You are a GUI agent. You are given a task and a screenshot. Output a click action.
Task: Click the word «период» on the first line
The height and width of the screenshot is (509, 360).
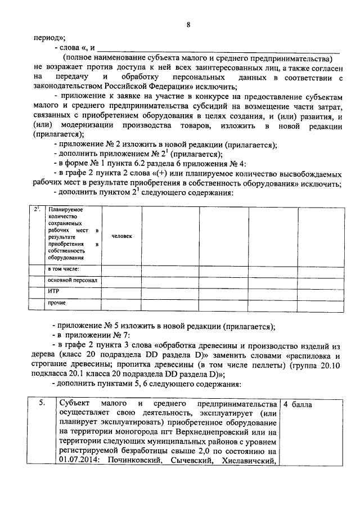(x=46, y=38)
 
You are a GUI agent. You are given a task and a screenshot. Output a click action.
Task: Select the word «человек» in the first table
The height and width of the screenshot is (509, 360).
(x=122, y=236)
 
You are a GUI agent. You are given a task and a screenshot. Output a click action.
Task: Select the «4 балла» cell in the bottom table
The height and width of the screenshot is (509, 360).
(x=298, y=404)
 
